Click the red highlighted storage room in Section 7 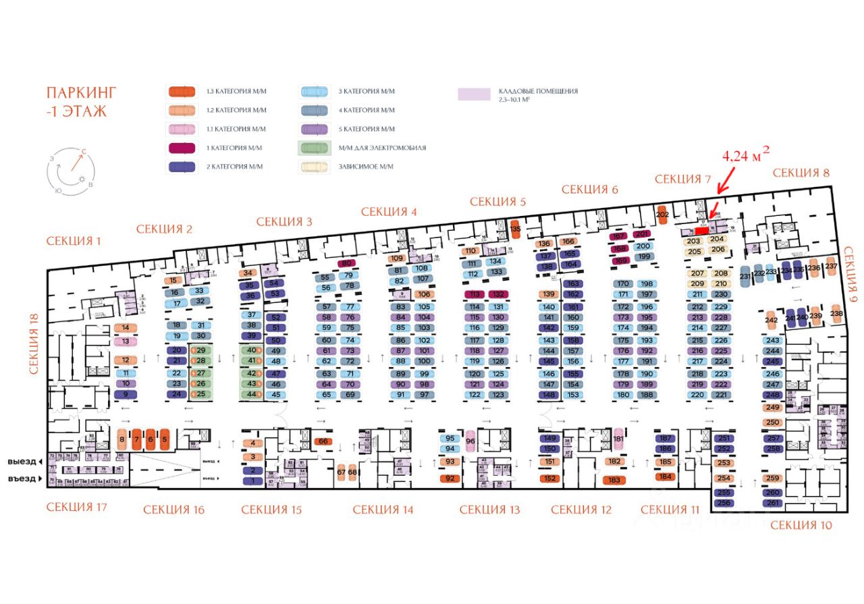[x=702, y=230]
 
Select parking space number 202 [x=662, y=215]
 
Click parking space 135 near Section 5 [x=515, y=228]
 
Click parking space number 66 [x=323, y=441]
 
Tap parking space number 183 [x=614, y=480]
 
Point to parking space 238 [x=836, y=313]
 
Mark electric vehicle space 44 [x=252, y=394]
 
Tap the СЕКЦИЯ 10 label [x=801, y=525]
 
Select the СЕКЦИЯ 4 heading [x=389, y=212]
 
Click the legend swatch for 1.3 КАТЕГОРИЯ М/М [x=182, y=91]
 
